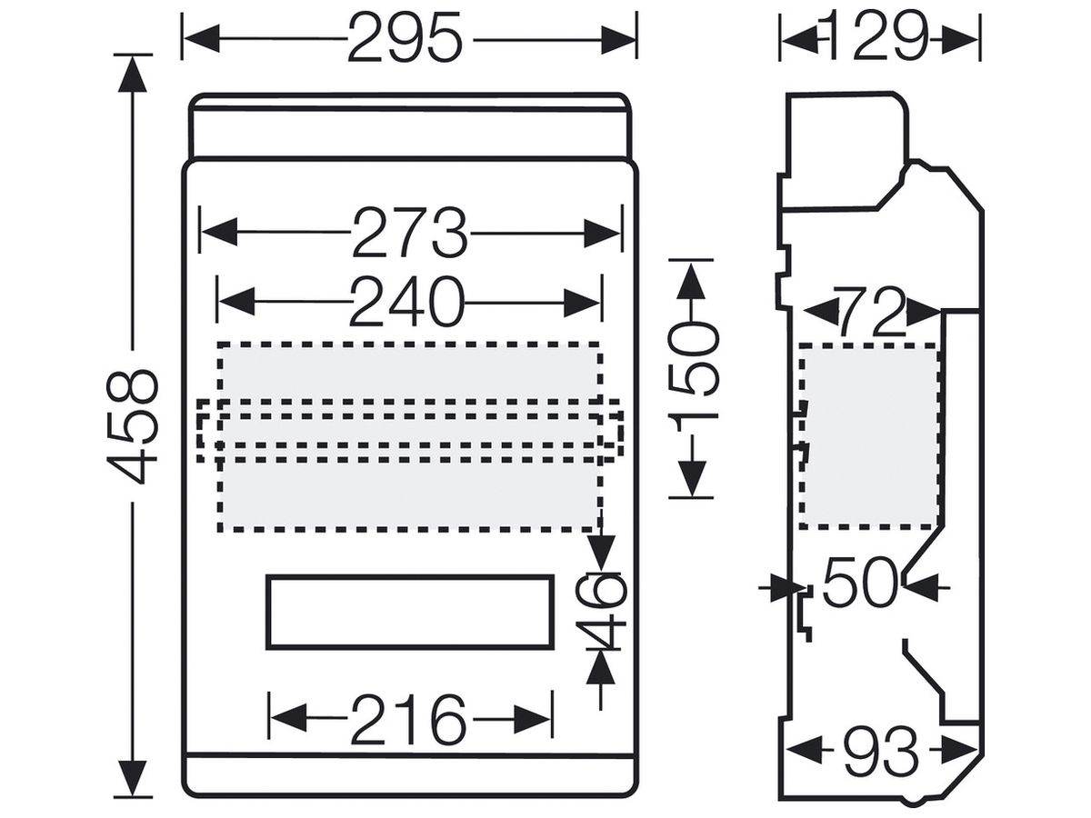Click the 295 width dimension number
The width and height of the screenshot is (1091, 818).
[x=405, y=39]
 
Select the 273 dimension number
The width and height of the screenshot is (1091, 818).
[x=410, y=233]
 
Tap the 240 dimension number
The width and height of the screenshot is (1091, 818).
[x=406, y=302]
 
